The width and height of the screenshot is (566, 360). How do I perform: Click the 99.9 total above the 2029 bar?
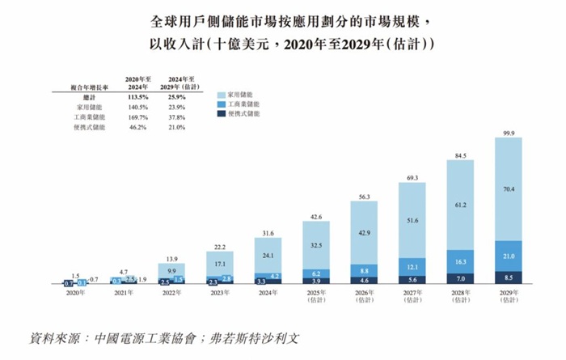pos(509,132)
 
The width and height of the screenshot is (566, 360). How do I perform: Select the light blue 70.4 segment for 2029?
pos(509,190)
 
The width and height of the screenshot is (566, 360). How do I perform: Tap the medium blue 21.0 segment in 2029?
pos(509,256)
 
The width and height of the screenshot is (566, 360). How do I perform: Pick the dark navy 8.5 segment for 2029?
pos(509,277)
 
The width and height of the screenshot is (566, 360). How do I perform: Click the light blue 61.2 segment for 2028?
pos(460,205)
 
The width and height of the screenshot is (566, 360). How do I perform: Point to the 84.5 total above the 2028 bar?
pos(460,155)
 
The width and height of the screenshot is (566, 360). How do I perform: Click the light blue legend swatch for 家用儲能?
pos(222,94)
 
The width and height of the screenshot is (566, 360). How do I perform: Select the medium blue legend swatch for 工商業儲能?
pos(222,104)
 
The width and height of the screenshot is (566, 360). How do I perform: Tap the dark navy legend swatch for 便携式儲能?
pos(222,115)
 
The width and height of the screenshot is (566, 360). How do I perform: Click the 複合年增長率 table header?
pos(82,85)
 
